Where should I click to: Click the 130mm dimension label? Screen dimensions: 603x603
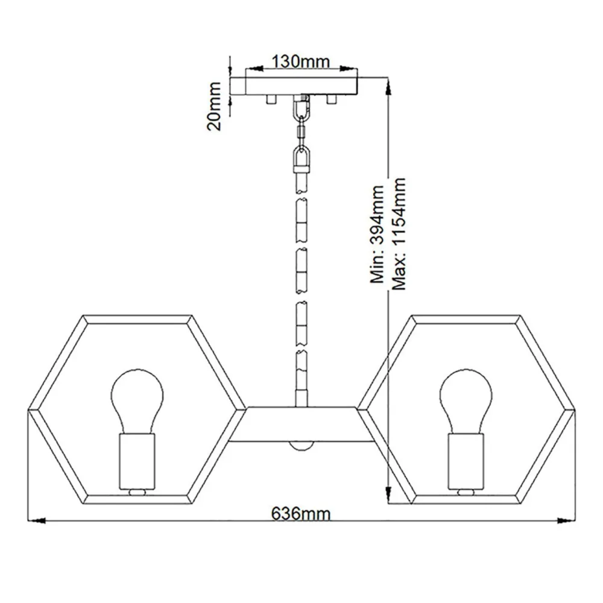301,62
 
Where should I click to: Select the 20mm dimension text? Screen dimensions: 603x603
214,106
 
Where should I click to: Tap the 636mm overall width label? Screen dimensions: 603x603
301,513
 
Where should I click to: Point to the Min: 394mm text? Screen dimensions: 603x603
377,235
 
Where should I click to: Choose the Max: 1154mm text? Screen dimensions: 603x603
399,234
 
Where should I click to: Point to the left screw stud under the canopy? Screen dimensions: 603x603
271,99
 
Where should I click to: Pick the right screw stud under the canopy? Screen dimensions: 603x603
331,99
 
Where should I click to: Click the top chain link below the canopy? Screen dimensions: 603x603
301,108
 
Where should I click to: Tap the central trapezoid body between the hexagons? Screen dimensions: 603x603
301,424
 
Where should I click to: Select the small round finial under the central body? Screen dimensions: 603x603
301,446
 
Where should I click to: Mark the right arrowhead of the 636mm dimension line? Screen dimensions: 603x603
566,521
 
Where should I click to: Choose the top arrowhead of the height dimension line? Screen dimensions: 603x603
388,87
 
